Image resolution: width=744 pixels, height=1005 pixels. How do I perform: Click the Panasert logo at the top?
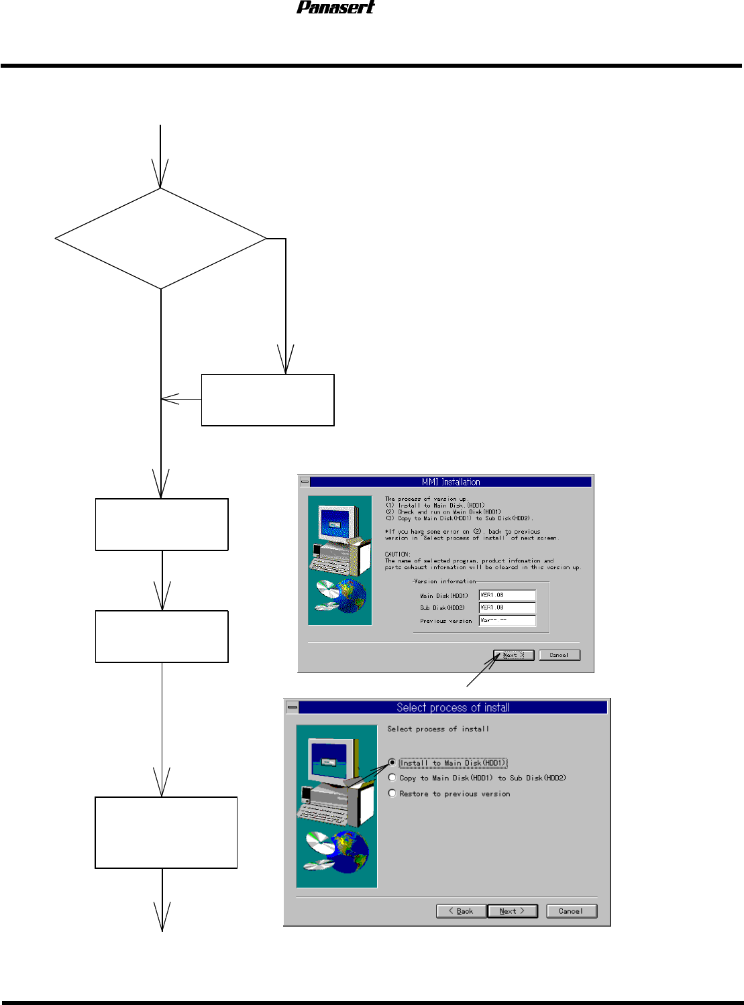[335, 7]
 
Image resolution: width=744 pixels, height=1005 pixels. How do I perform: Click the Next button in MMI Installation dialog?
[513, 655]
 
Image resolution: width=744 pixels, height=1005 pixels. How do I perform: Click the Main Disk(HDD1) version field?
[507, 595]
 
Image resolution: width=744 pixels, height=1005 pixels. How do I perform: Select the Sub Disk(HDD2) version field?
[507, 608]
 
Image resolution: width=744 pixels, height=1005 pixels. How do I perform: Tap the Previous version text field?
[507, 621]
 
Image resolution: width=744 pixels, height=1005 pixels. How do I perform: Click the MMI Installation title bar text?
[451, 481]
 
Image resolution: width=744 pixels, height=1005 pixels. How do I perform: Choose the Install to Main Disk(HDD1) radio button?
[392, 763]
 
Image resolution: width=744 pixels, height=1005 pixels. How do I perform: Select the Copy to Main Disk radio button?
[392, 778]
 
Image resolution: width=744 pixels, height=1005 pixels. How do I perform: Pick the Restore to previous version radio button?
[392, 793]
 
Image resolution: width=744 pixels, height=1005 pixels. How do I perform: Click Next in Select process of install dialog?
[513, 911]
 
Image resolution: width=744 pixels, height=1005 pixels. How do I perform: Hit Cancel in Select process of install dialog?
[571, 911]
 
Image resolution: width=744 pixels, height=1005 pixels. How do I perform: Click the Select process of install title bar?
[453, 707]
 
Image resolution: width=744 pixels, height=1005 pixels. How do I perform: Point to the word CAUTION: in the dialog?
[397, 554]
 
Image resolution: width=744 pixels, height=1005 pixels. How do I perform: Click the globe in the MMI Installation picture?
[351, 595]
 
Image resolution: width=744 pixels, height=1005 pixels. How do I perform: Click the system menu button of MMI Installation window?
[305, 481]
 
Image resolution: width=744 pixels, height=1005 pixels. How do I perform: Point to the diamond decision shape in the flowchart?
[161, 239]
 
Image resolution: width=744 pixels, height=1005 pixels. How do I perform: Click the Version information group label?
[445, 581]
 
